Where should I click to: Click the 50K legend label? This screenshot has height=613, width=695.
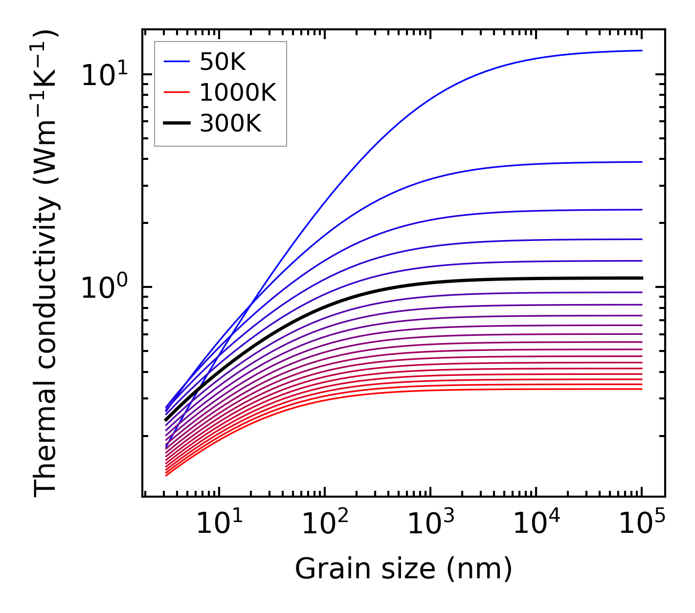point(223,62)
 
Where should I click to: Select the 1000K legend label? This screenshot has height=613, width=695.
point(238,93)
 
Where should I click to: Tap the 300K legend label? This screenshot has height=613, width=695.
point(230,124)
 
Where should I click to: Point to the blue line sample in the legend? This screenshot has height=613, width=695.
point(177,62)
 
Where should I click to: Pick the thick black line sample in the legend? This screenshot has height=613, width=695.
point(177,124)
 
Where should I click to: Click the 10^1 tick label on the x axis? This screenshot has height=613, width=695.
point(219,525)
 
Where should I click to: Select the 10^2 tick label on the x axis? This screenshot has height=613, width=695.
point(324,525)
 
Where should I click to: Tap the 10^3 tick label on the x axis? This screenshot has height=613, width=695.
point(430,525)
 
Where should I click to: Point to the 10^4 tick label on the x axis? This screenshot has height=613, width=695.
point(536,525)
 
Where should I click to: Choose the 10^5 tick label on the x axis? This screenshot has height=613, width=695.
point(642,525)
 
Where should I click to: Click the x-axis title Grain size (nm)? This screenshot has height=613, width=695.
point(404,569)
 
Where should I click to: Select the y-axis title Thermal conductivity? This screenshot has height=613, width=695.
point(46,264)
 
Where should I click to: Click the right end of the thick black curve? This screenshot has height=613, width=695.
point(642,278)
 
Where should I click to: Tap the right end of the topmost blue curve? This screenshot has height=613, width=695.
point(642,50)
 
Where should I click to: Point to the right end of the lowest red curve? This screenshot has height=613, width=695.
point(642,389)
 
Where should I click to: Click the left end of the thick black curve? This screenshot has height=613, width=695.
point(166,420)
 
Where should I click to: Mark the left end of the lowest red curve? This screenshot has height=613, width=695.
point(166,475)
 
